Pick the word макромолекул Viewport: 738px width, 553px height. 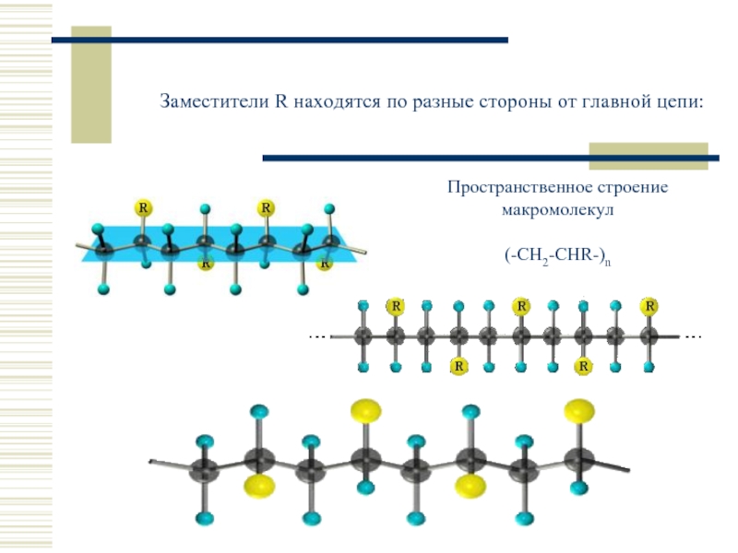pos(557,209)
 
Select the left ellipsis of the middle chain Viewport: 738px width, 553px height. pos(316,336)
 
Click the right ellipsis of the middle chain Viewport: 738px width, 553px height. pos(694,336)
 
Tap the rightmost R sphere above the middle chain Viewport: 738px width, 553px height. pos(650,306)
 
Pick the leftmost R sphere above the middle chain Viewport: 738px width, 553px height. pos(395,306)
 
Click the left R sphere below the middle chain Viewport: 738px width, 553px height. pos(458,367)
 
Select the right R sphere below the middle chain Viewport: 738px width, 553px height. pos(584,367)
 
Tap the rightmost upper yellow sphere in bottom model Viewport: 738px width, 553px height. pos(579,409)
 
